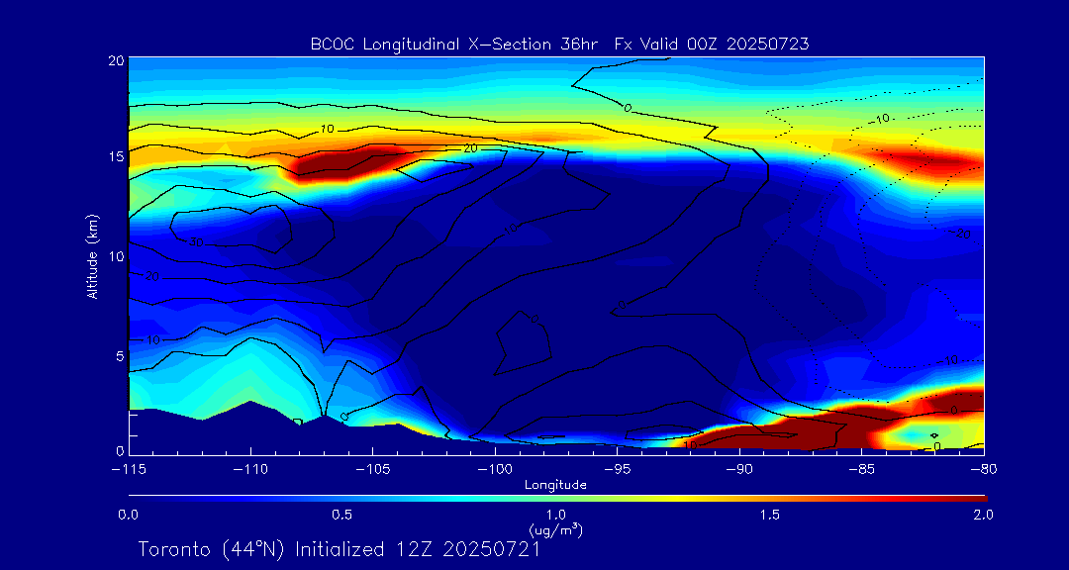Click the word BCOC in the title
(x=329, y=44)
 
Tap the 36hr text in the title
(x=573, y=44)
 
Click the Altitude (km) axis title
(x=92, y=255)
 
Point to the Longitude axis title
(x=555, y=485)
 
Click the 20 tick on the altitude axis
(x=116, y=61)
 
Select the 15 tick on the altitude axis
(x=116, y=157)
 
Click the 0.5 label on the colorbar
(x=341, y=516)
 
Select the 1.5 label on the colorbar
(x=769, y=516)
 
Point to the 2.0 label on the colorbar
(x=982, y=516)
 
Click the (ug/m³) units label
(x=555, y=529)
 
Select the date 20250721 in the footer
(x=491, y=549)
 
